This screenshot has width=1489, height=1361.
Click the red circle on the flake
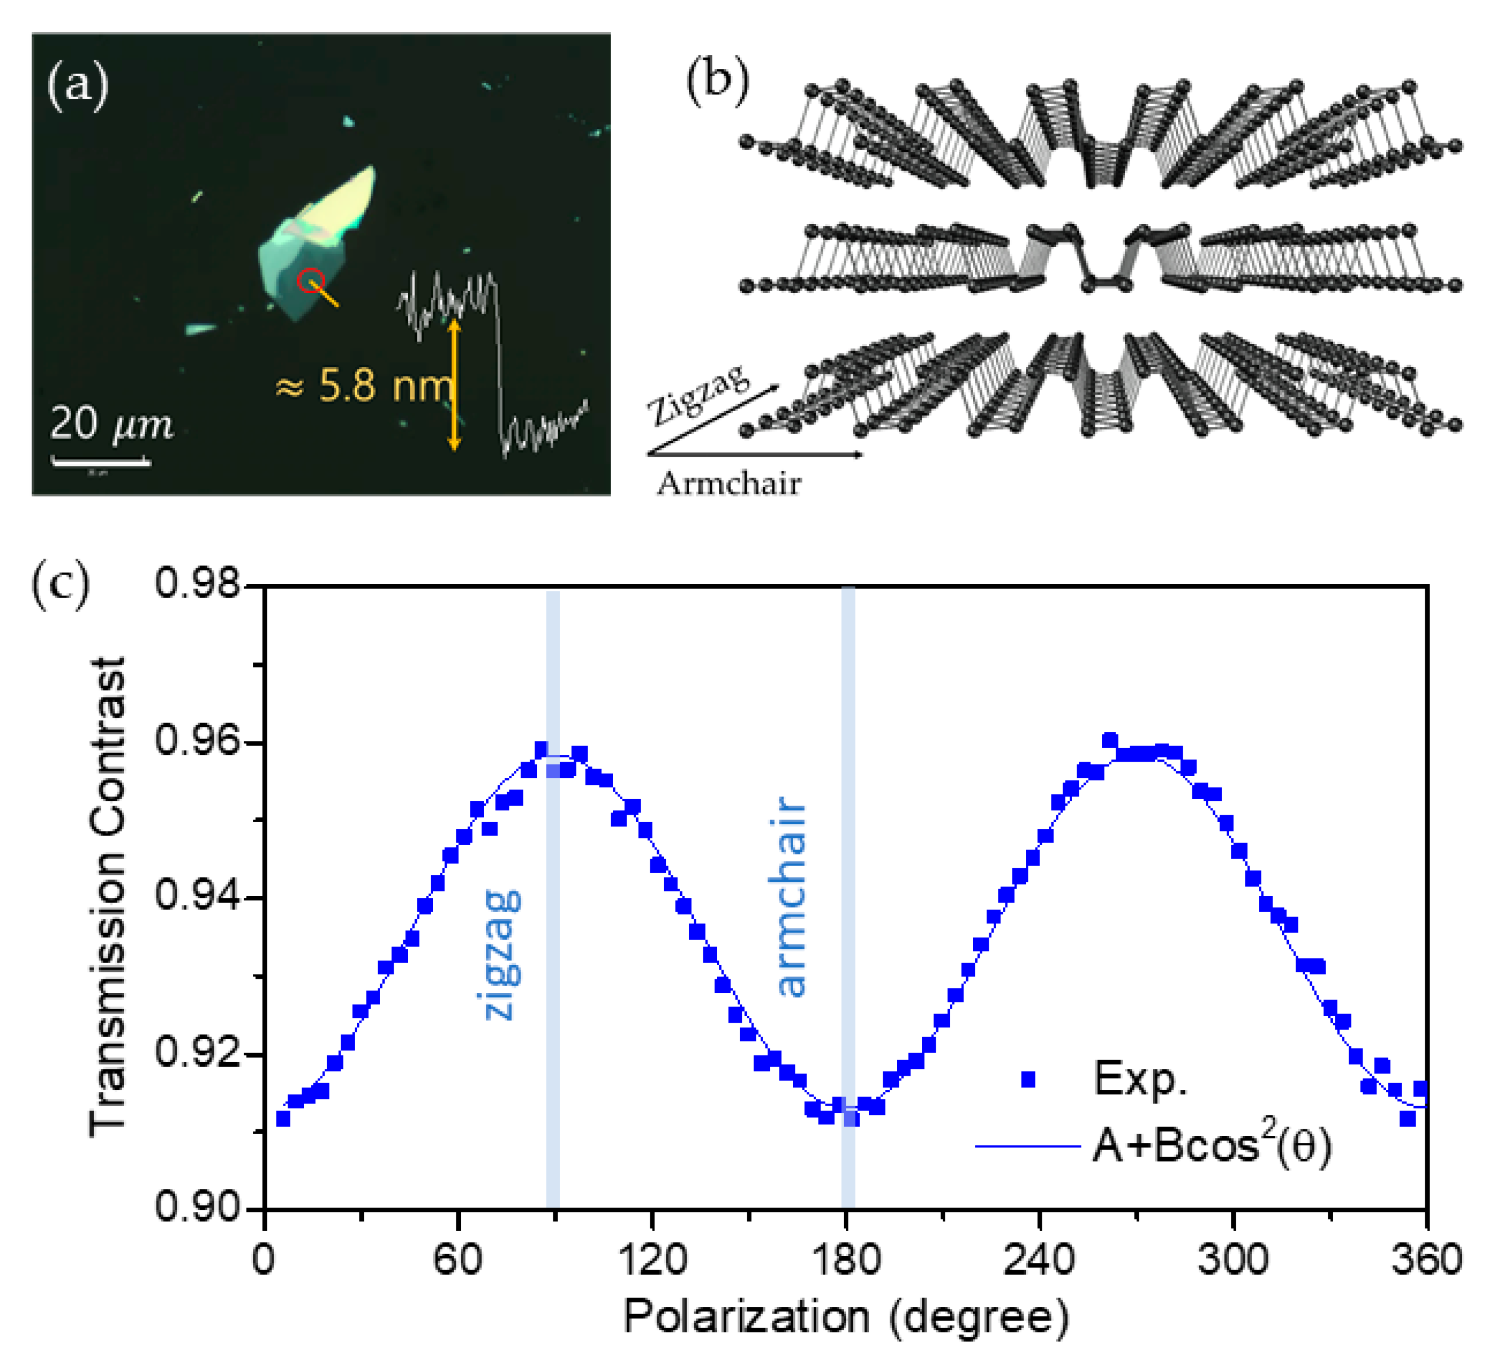(310, 281)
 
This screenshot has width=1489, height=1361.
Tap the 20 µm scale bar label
(111, 424)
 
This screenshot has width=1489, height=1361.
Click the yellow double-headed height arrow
(454, 384)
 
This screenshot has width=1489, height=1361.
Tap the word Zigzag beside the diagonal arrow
(698, 394)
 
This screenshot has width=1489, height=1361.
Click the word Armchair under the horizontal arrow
(729, 484)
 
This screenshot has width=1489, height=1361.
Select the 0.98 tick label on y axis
(188, 584)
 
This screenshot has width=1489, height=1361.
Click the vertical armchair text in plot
(792, 896)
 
